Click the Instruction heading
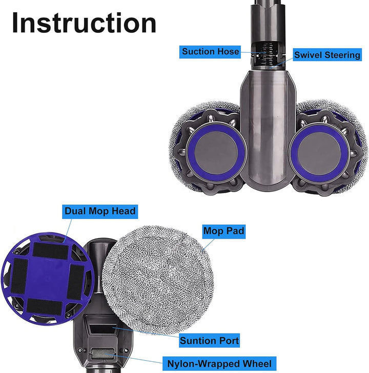coord(84,23)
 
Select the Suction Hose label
coord(210,52)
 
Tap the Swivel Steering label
coord(327,55)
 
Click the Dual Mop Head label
coord(100,211)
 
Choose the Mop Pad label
coord(223,231)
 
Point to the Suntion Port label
coord(209,340)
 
